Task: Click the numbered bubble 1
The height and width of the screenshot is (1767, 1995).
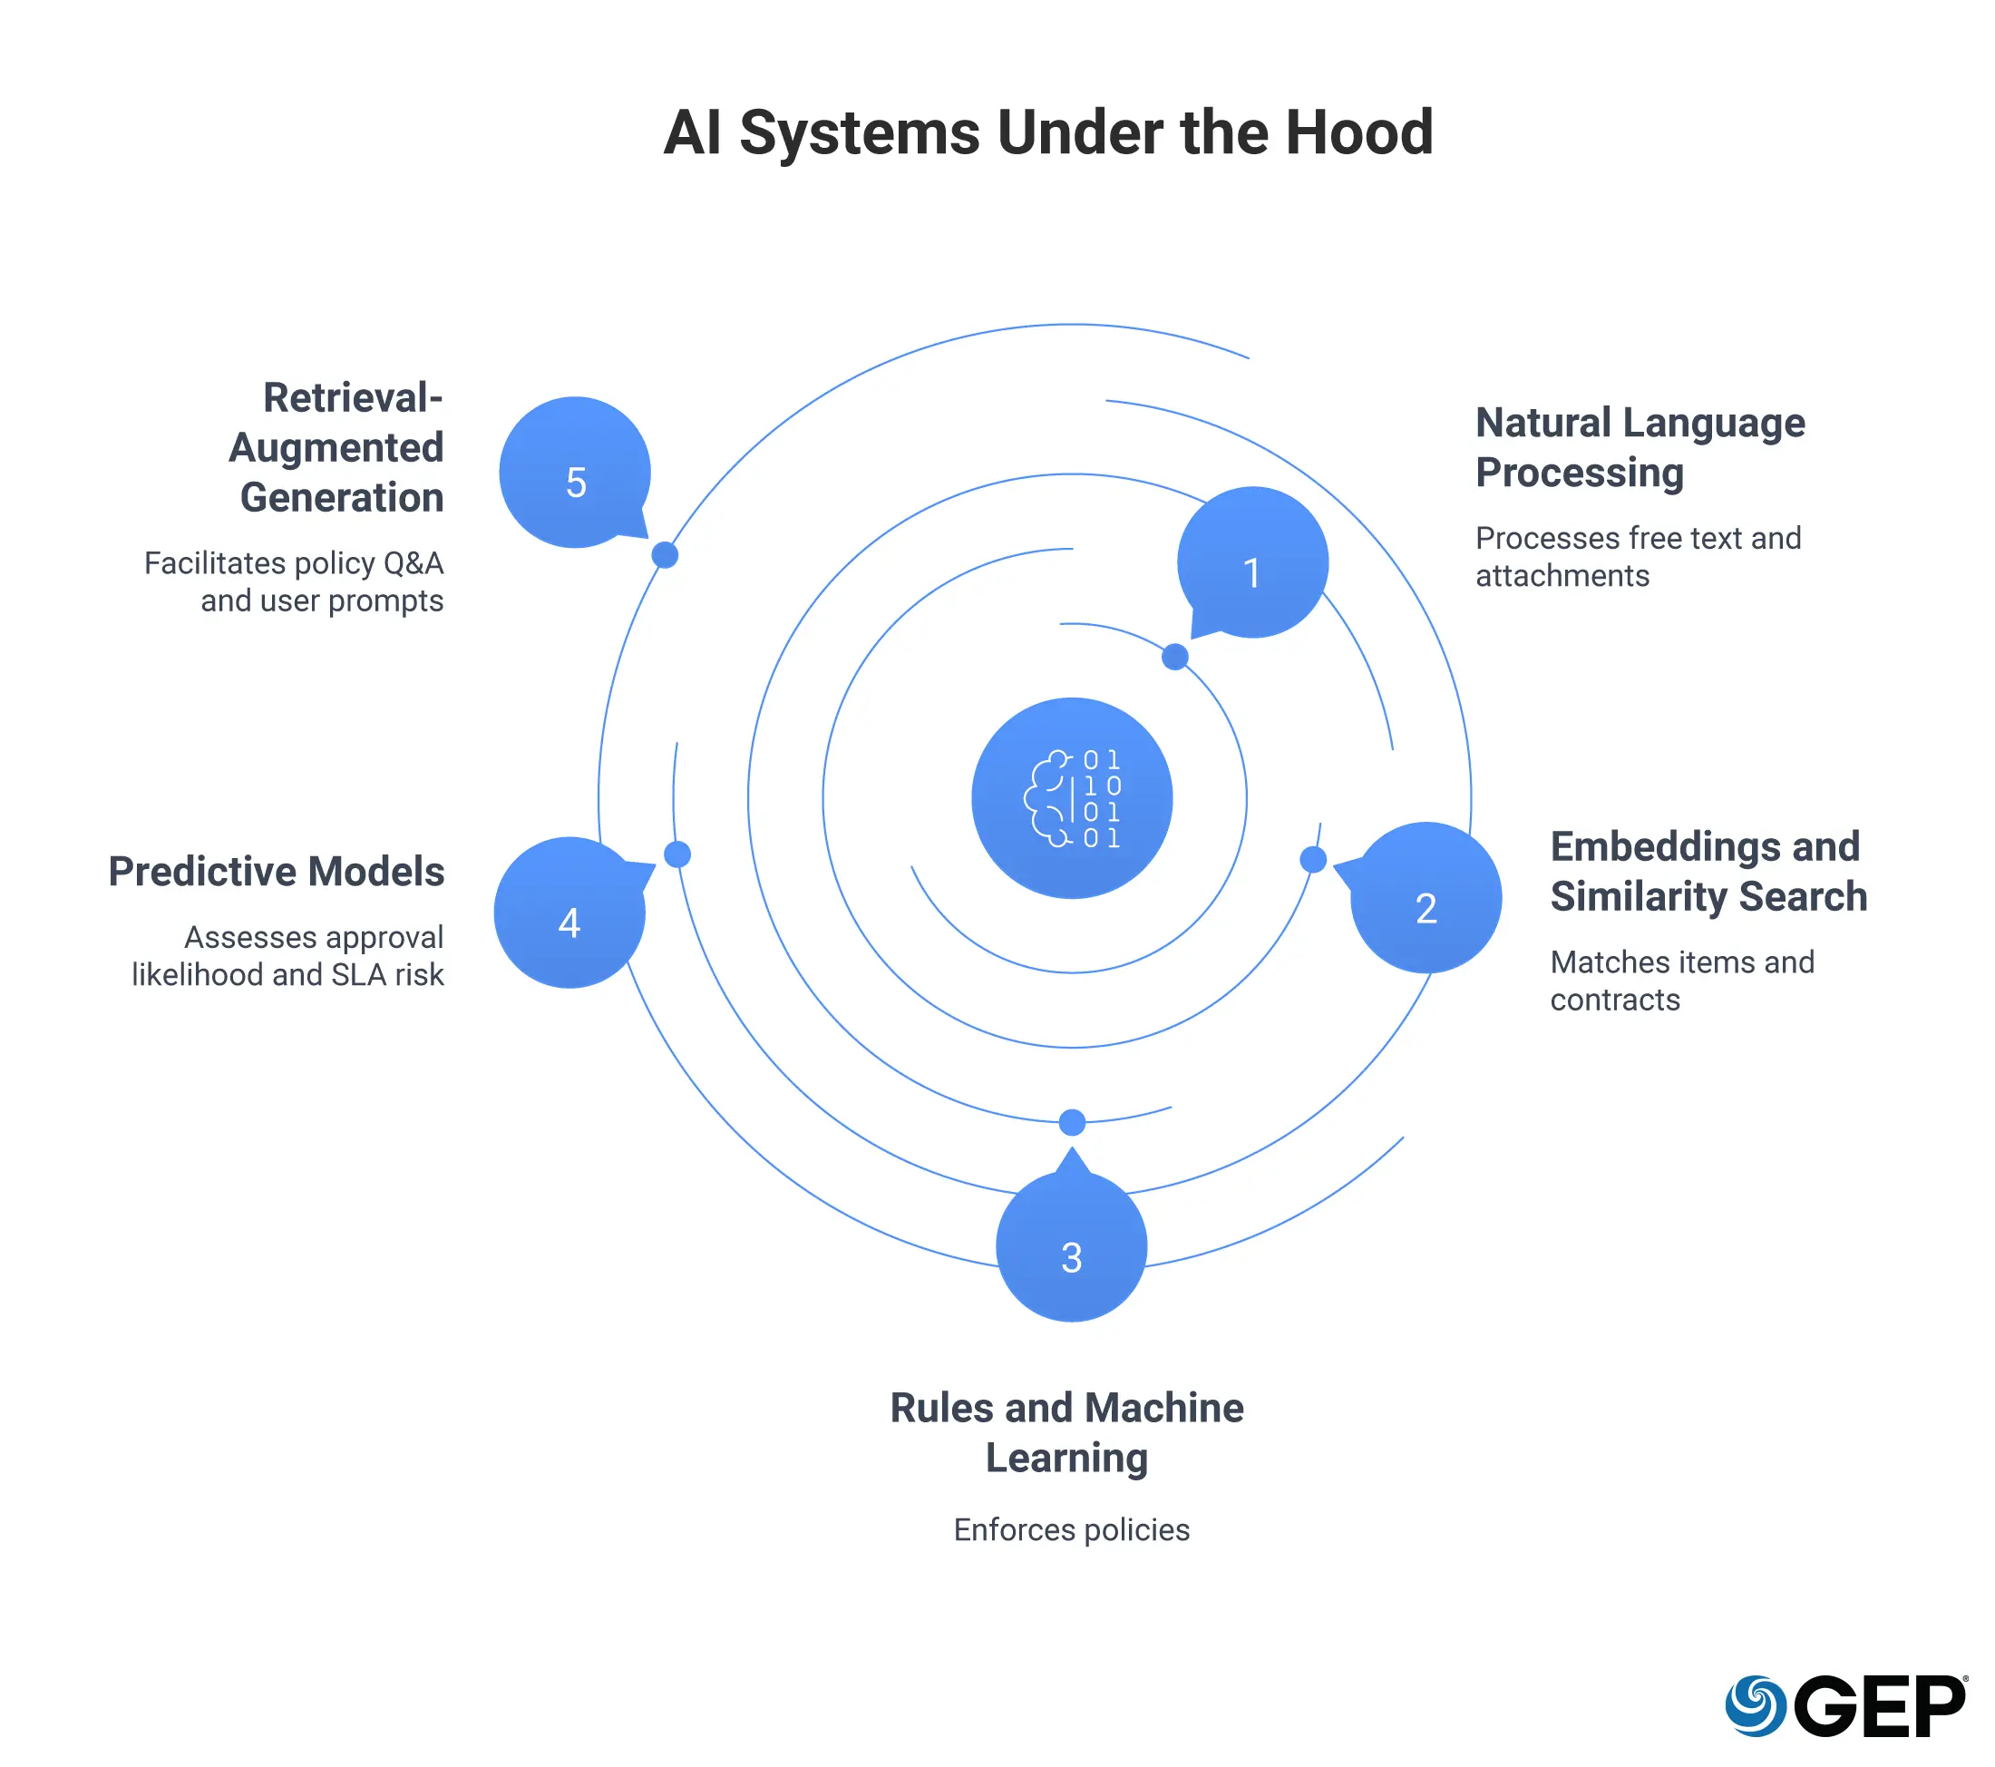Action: click(1252, 563)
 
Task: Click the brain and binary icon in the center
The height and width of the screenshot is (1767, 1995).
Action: click(1072, 797)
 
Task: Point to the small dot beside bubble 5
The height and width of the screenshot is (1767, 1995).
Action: click(665, 554)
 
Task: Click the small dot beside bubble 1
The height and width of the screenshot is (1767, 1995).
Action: click(1175, 657)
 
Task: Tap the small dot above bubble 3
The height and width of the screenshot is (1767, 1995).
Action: click(1072, 1123)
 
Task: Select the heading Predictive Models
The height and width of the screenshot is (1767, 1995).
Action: click(277, 872)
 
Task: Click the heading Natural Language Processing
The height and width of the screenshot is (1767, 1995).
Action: click(1640, 448)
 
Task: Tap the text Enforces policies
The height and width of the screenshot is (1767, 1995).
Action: click(1072, 1529)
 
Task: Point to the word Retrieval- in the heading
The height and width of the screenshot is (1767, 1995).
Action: click(354, 398)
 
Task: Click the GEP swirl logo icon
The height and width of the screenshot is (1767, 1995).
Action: click(1755, 1705)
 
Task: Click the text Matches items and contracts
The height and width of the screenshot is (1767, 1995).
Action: click(1682, 981)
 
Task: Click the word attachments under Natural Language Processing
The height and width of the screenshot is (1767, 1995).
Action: click(1562, 576)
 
